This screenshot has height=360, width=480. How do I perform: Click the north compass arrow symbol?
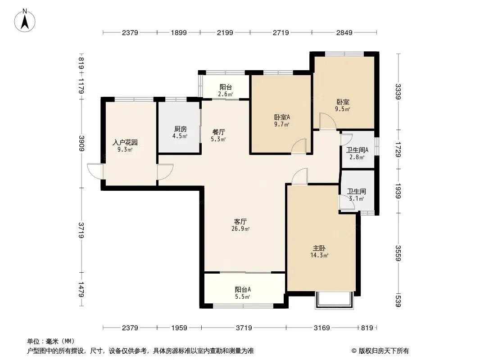tap(25, 21)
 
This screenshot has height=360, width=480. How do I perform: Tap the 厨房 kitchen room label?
tap(180, 129)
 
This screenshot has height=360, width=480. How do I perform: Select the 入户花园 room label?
tap(125, 142)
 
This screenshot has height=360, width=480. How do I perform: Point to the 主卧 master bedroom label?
tap(319, 248)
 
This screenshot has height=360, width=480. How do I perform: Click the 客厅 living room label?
tap(240, 221)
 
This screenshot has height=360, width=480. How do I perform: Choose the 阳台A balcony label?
tap(243, 289)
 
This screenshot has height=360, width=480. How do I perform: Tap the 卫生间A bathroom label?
tap(357, 150)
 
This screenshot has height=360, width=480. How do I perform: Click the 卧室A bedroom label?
tap(281, 117)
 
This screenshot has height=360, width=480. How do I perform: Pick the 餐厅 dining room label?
tap(218, 132)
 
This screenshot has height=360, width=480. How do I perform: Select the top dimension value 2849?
tap(344, 32)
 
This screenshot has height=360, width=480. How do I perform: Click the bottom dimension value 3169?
tap(322, 328)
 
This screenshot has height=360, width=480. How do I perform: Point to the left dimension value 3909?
tap(82, 143)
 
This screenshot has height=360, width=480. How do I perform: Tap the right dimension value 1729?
tap(398, 149)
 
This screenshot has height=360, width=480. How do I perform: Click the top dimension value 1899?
tap(179, 32)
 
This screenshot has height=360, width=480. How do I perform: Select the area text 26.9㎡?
tap(240, 229)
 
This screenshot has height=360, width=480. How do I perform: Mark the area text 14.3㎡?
tap(319, 256)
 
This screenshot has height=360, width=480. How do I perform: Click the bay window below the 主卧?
tap(334, 300)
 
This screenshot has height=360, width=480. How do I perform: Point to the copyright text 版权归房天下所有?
tap(383, 351)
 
